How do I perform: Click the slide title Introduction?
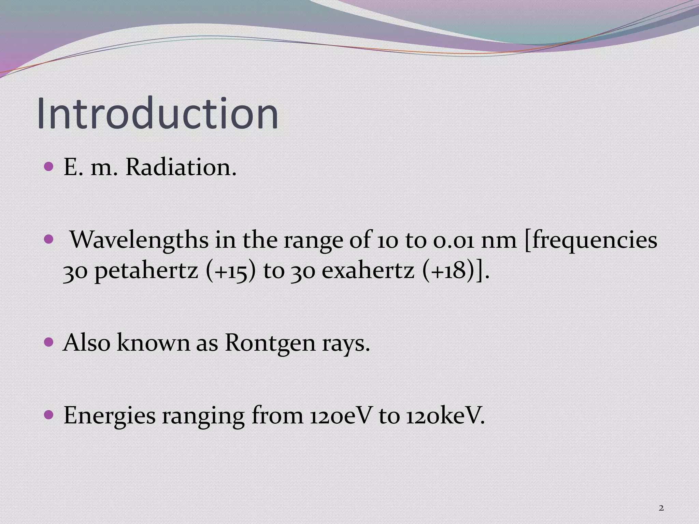pos(157,113)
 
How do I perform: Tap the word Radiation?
pos(181,168)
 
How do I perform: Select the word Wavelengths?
pos(139,239)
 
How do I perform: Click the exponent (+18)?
pos(449,271)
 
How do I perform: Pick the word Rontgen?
pos(270,343)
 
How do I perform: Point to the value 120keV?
pos(445,416)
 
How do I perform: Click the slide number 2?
pos(661,508)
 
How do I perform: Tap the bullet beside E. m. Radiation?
pos(49,167)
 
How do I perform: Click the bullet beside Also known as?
pos(49,342)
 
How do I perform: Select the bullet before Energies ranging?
pos(49,415)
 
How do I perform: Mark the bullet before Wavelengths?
pos(49,239)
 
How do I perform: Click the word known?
pos(153,343)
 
